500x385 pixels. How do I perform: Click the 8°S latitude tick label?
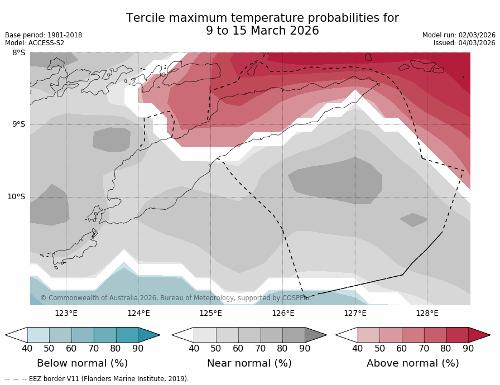click(18, 53)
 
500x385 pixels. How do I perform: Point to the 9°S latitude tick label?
click(18, 124)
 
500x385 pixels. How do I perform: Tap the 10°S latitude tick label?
click(16, 196)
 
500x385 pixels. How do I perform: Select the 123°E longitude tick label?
click(66, 313)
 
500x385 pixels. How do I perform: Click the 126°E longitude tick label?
click(283, 313)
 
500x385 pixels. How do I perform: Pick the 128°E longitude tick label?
click(427, 313)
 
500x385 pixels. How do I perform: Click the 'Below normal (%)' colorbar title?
click(82, 363)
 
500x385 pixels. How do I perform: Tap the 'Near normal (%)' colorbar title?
click(249, 363)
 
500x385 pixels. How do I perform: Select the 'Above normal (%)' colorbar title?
click(412, 363)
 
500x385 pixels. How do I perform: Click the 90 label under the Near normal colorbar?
click(305, 349)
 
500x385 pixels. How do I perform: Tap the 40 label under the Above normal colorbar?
click(358, 349)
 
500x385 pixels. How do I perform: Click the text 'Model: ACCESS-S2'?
click(35, 43)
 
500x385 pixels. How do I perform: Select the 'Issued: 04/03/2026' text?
click(464, 43)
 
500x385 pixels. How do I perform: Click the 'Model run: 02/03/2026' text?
click(459, 35)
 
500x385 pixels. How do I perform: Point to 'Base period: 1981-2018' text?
click(44, 35)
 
